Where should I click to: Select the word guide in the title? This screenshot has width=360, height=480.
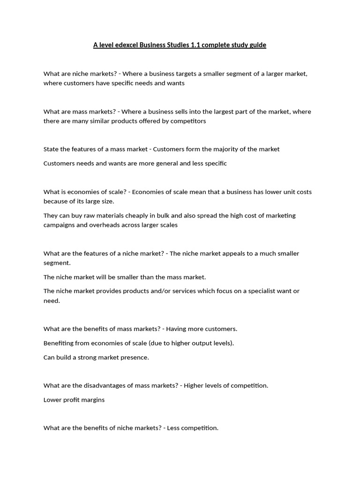pos(257,45)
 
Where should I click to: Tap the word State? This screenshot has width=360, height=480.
pos(52,149)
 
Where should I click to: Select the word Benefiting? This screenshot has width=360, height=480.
pos(59,343)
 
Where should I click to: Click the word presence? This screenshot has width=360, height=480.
pos(135,357)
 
